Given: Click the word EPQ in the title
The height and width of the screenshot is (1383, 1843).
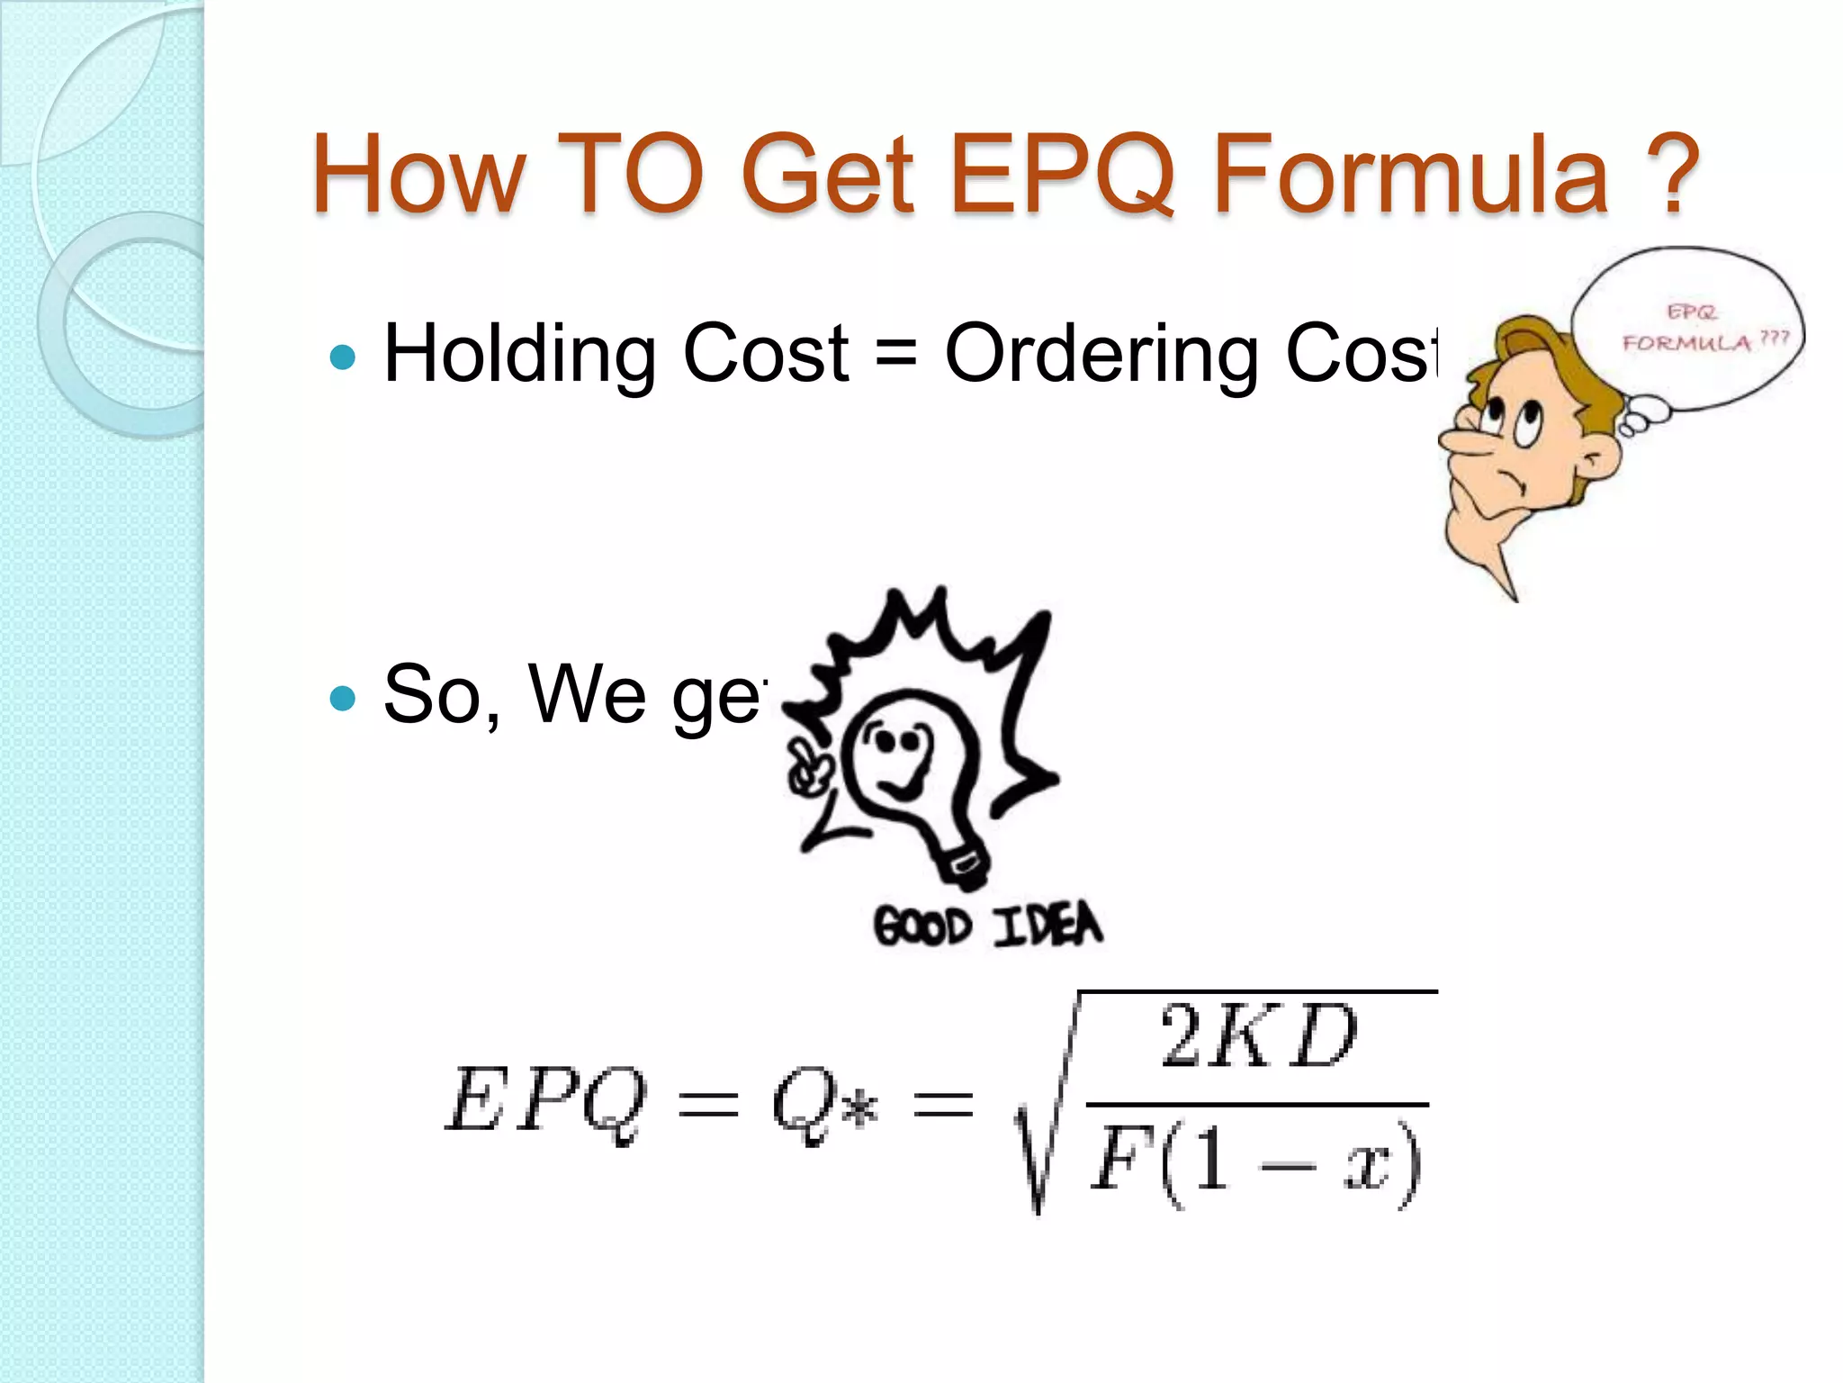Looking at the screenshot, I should click(x=1062, y=173).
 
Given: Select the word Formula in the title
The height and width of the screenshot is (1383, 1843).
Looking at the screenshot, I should click(x=1411, y=173).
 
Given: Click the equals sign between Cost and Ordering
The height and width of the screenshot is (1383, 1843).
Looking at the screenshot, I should click(x=896, y=353).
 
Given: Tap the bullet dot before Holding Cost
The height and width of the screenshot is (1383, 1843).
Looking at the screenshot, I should click(x=343, y=357).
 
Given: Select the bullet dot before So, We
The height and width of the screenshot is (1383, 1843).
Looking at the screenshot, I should click(x=343, y=698).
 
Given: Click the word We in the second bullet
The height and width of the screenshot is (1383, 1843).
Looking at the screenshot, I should click(x=587, y=693).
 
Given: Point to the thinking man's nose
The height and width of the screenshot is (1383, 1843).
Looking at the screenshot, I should click(x=1462, y=441).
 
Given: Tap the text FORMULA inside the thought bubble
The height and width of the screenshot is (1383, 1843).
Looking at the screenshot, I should click(x=1686, y=343).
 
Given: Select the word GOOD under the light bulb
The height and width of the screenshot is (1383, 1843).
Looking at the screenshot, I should click(x=922, y=927).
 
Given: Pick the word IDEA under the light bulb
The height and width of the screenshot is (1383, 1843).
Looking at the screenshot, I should click(x=1048, y=925).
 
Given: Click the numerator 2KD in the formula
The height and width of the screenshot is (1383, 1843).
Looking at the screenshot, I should click(x=1258, y=1037).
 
